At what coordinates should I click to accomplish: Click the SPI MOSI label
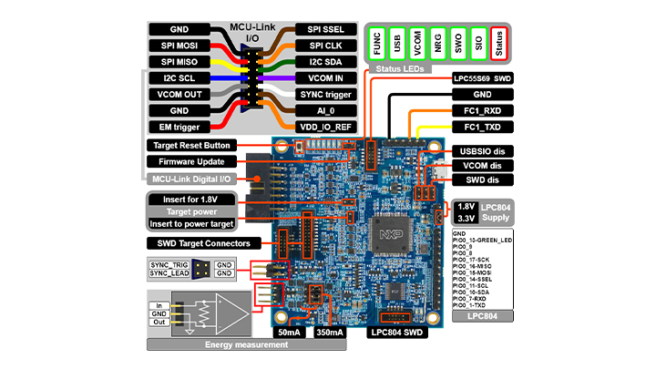coord(179,46)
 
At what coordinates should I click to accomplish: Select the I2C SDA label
coord(325,62)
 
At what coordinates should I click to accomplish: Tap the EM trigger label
coord(179,128)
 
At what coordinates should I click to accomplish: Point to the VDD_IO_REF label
coord(325,128)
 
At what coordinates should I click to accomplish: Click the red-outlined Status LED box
coord(497,42)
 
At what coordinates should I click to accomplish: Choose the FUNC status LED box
coord(375,42)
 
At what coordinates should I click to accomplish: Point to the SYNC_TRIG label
coord(168,263)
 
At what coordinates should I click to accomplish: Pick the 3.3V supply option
coord(466,220)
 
